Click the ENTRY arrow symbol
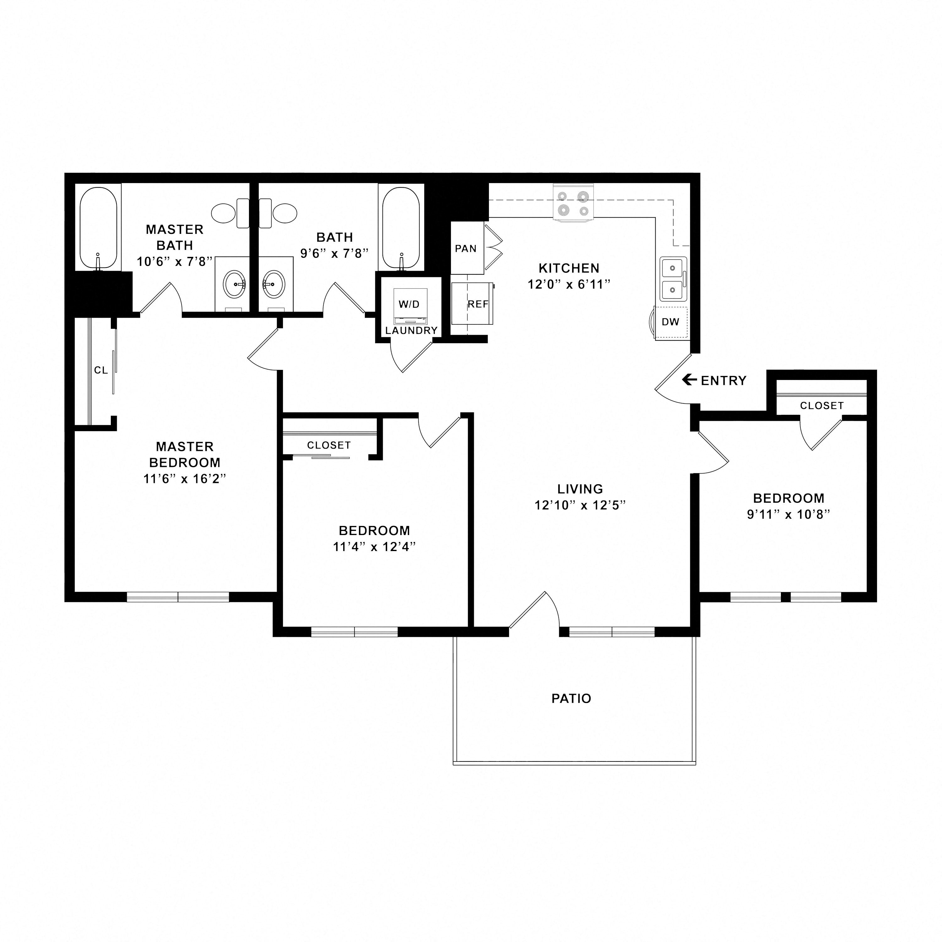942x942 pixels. point(689,379)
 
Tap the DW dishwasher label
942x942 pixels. point(670,322)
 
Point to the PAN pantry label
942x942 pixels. point(466,249)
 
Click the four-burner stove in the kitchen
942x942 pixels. point(573,203)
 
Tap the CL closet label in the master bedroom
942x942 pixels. point(101,371)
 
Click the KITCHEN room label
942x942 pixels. point(569,268)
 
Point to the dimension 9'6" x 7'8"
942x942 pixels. point(334,253)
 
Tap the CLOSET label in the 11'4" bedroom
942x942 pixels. point(329,445)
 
